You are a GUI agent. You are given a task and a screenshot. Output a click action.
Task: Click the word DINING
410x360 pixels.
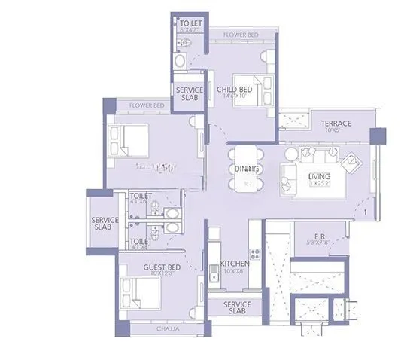click(x=247, y=169)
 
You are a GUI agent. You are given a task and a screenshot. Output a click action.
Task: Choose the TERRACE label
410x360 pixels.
click(x=336, y=123)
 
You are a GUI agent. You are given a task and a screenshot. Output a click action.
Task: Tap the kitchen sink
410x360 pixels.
click(x=214, y=276)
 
